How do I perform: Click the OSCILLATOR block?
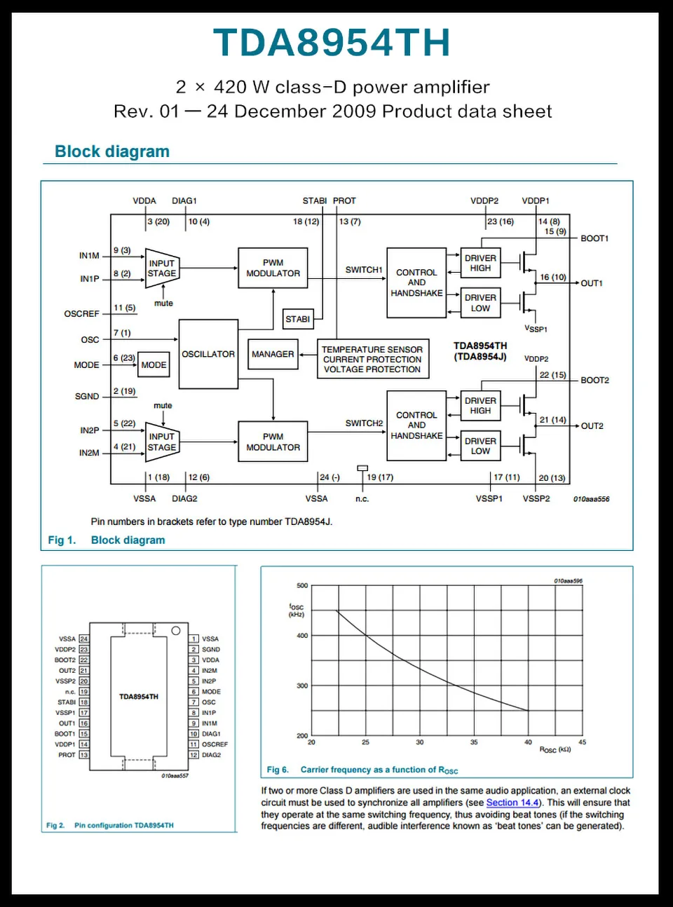pyautogui.click(x=208, y=354)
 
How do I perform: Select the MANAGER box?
pyautogui.click(x=273, y=355)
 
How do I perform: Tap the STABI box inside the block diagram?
pyautogui.click(x=298, y=319)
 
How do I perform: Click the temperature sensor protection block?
pyautogui.click(x=372, y=359)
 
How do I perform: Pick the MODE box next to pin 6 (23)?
pyautogui.click(x=154, y=365)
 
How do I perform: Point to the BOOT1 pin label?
pyautogui.click(x=594, y=238)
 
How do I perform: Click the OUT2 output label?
pyautogui.click(x=592, y=426)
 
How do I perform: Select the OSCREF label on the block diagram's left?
pyautogui.click(x=82, y=314)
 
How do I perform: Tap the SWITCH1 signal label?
pyautogui.click(x=364, y=270)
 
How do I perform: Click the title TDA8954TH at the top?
pyautogui.click(x=332, y=43)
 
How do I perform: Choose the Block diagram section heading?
pyautogui.click(x=112, y=151)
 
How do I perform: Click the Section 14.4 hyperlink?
pyautogui.click(x=512, y=803)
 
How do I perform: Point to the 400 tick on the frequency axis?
pyautogui.click(x=302, y=636)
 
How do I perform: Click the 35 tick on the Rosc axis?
pyautogui.click(x=474, y=742)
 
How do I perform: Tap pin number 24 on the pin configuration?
pyautogui.click(x=84, y=639)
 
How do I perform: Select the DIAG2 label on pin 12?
pyautogui.click(x=211, y=755)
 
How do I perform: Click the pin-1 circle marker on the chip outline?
pyautogui.click(x=176, y=631)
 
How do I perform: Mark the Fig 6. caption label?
pyautogui.click(x=278, y=770)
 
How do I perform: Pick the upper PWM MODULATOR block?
pyautogui.click(x=273, y=268)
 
